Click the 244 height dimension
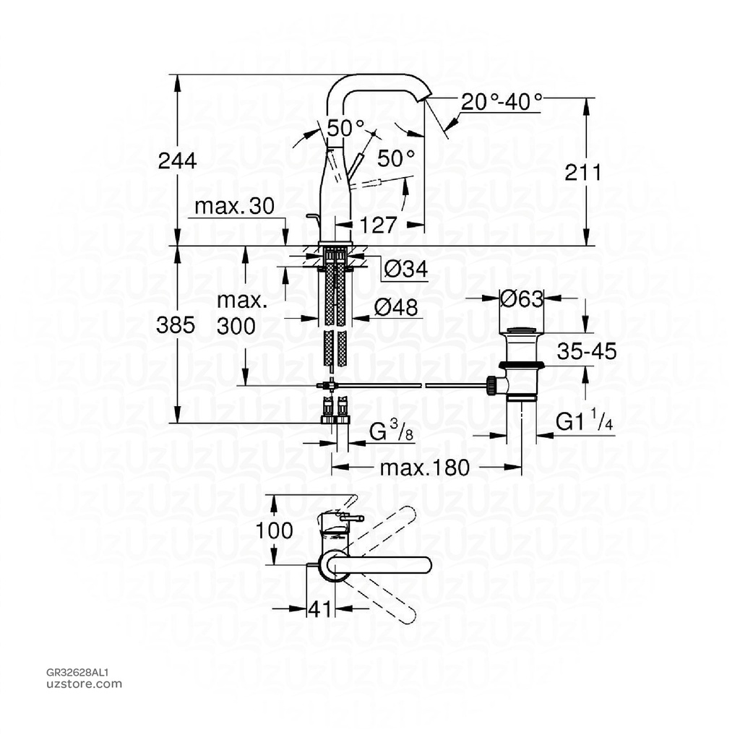tap(177, 160)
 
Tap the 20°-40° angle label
tap(502, 102)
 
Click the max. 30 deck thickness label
tap(234, 207)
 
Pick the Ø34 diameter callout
tap(405, 270)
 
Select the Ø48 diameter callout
tap(396, 308)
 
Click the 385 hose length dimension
tap(177, 326)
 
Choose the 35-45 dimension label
tap(586, 352)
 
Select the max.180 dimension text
tap(425, 467)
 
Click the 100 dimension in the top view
tap(275, 530)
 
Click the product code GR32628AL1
tap(77, 671)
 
